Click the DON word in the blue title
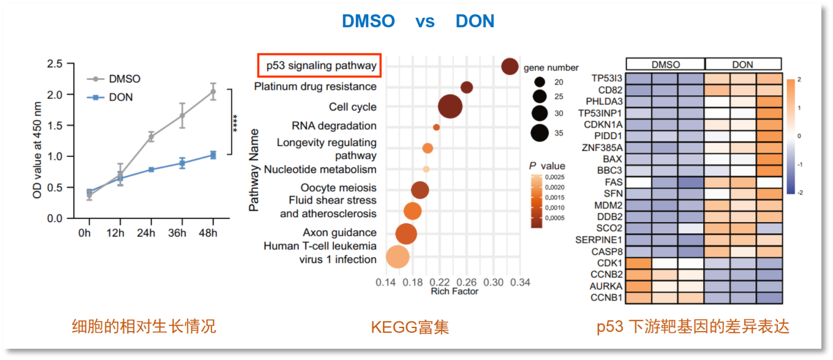pos(475,21)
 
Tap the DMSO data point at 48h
pos(213,92)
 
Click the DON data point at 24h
pos(152,169)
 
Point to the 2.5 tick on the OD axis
pos(54,63)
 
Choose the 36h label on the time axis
pos(177,233)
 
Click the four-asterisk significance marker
pos(235,123)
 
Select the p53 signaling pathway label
pos(321,66)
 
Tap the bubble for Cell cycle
pos(450,107)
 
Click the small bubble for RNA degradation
pos(436,127)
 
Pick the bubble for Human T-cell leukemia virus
pos(397,256)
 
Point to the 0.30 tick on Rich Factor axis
pos(494,282)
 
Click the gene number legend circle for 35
pos(539,133)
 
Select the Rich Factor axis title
pos(455,291)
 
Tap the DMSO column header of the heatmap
pos(665,65)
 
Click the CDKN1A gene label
pos(603,124)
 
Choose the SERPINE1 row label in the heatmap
pos(599,240)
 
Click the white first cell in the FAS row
pos(638,182)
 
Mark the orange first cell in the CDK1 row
pos(638,263)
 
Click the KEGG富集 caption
pos(410,327)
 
